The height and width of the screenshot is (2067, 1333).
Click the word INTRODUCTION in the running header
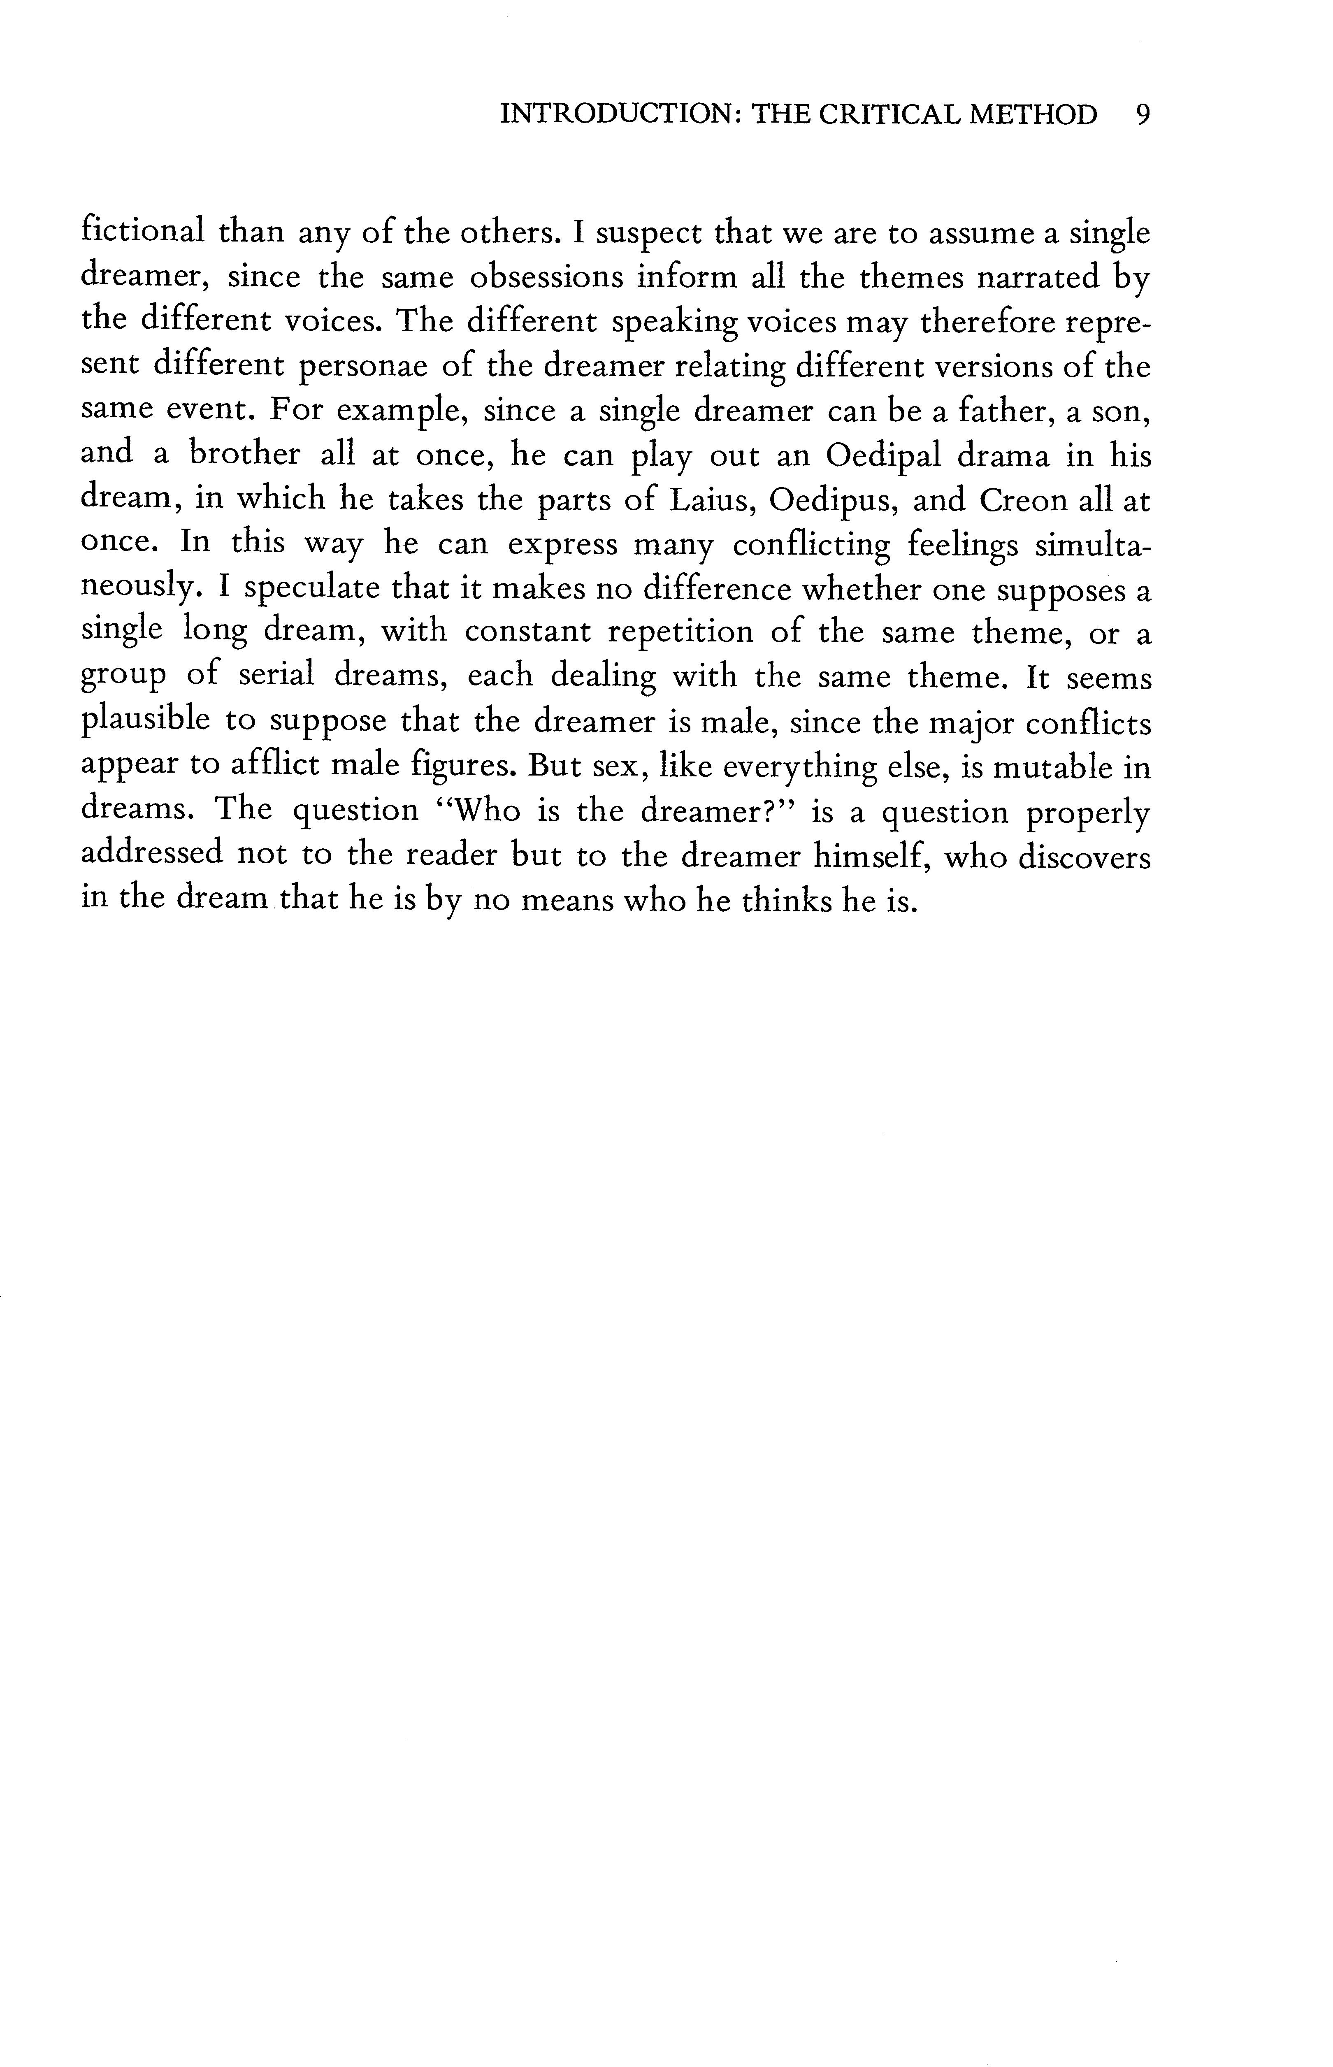(x=618, y=115)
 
